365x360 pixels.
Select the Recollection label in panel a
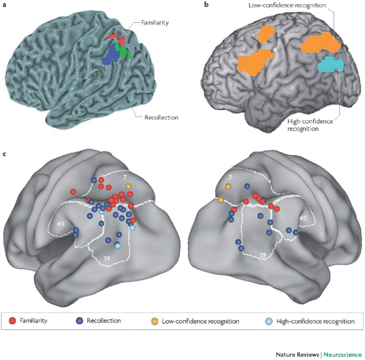[x=161, y=117]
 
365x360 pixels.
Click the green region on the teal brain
[x=124, y=52]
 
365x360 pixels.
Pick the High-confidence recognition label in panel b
[x=310, y=125]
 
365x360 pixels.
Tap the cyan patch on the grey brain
[x=331, y=65]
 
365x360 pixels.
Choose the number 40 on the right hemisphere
[x=303, y=218]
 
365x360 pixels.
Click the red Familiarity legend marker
[x=13, y=321]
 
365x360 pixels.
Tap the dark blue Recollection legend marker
[x=79, y=321]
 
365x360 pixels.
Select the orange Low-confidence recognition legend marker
[x=155, y=321]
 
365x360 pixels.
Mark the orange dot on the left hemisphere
[x=128, y=186]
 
